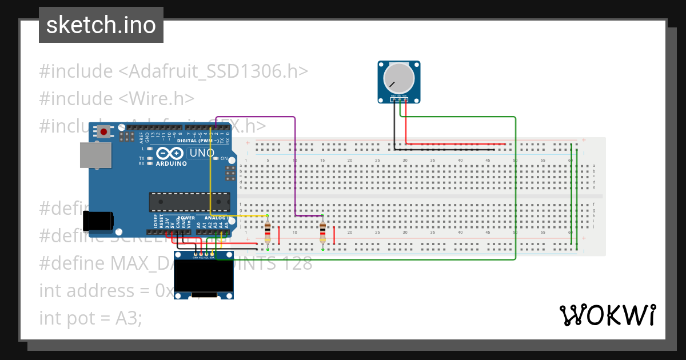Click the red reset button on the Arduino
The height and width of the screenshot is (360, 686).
[x=103, y=132]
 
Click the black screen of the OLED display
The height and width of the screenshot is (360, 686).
[x=205, y=276]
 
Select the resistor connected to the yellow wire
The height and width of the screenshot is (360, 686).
[x=268, y=232]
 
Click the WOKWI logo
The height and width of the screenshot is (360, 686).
[x=607, y=315]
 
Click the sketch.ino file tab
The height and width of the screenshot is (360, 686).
[x=101, y=25]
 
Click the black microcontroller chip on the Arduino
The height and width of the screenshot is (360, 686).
[x=189, y=202]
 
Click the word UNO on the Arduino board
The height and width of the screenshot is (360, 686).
[x=202, y=153]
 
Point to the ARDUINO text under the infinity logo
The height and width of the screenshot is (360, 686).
[x=171, y=163]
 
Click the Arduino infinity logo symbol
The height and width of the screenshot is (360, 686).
[x=170, y=154]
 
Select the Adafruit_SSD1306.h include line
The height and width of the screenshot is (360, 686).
[x=174, y=71]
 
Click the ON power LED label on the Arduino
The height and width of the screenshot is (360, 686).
[x=224, y=158]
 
